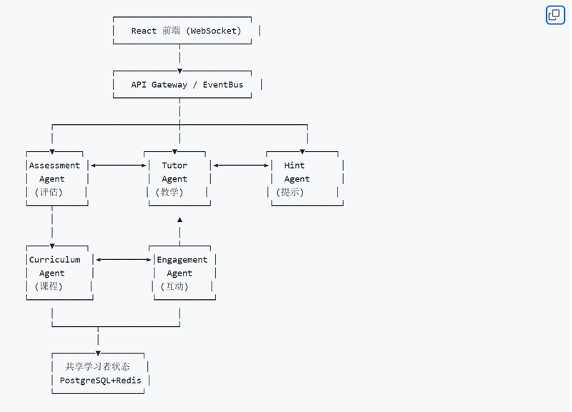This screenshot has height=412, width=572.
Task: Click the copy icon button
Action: (x=555, y=15)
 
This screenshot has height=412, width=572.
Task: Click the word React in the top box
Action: (x=144, y=31)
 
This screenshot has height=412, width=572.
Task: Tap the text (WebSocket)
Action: (x=214, y=31)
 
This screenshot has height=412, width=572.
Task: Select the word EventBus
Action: (x=223, y=85)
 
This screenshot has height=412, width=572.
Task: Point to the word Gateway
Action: (x=169, y=85)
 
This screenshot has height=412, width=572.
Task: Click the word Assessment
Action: (x=54, y=166)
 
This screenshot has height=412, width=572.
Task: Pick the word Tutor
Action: (x=174, y=166)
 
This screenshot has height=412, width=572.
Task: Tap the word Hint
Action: (x=295, y=166)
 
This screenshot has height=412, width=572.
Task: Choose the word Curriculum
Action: (x=55, y=260)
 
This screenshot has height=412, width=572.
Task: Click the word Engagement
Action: (x=182, y=260)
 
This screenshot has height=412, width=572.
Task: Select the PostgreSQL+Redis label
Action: (x=100, y=381)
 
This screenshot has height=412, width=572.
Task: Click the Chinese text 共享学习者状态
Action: (x=97, y=366)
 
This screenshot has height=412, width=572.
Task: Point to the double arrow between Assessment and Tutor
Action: (x=119, y=166)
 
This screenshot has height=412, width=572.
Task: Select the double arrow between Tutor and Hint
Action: (x=241, y=166)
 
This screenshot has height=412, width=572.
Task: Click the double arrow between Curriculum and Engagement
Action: (x=124, y=260)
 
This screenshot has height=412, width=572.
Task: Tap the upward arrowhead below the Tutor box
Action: (x=180, y=220)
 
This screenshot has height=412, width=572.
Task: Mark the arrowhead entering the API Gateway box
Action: (x=180, y=71)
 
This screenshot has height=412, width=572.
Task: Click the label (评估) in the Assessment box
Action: (x=49, y=192)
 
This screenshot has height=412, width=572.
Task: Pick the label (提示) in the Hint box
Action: (x=290, y=192)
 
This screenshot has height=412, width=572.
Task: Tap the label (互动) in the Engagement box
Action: (x=174, y=287)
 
